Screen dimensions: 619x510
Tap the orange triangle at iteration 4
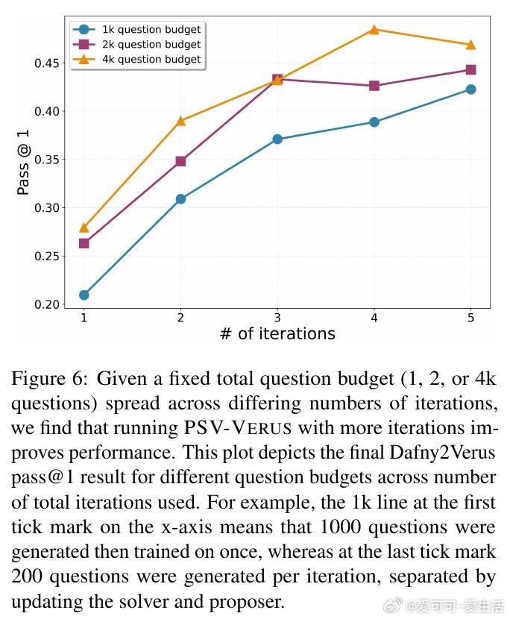374,30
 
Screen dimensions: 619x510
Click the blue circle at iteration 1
84,295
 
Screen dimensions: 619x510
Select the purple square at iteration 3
277,79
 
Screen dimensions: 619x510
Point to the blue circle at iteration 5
470,89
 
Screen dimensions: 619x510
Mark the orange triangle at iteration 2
180,120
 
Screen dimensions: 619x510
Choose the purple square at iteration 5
470,70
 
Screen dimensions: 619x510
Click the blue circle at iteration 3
277,139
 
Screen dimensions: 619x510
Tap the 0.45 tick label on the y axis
48,63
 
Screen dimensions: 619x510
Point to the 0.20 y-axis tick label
48,304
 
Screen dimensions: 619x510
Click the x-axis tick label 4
374,318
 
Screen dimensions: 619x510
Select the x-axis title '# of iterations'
277,334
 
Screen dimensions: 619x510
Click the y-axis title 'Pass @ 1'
24,162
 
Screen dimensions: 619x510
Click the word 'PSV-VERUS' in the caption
238,428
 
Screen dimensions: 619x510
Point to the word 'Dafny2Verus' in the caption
444,453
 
